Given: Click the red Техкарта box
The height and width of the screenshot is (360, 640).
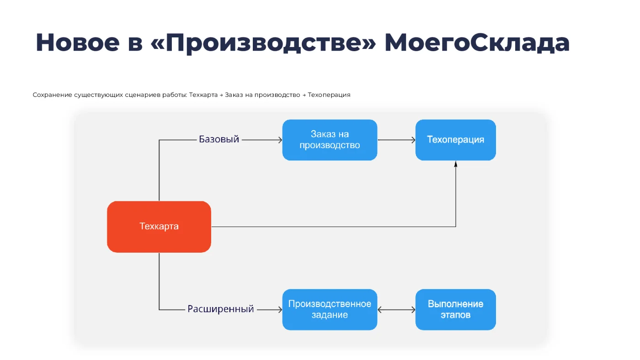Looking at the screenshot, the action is (159, 227).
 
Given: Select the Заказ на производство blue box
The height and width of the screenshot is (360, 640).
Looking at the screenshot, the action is (330, 140).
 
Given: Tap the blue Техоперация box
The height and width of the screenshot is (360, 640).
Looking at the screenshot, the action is (455, 140).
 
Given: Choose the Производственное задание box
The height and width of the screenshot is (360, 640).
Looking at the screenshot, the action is (330, 309).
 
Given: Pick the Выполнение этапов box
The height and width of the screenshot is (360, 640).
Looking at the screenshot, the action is (455, 309).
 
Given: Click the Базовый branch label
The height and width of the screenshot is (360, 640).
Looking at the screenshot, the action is (219, 139).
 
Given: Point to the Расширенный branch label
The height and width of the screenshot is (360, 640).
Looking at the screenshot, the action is (220, 309).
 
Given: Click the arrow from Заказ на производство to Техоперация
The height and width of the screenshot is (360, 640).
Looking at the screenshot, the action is (396, 140).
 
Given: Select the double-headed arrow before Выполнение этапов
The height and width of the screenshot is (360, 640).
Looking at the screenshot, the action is (396, 310).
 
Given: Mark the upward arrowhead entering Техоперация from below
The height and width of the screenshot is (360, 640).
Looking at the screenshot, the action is (455, 164).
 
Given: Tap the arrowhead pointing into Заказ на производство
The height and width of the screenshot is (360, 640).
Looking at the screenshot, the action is (280, 140).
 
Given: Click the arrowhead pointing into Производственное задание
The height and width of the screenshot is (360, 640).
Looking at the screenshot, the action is (280, 310).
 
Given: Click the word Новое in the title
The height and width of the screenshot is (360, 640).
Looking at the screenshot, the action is (77, 42).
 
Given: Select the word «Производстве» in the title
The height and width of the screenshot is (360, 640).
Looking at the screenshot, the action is (263, 42).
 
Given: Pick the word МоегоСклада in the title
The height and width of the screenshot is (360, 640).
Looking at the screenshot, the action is (477, 42).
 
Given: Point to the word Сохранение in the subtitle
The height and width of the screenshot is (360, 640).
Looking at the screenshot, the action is (52, 95).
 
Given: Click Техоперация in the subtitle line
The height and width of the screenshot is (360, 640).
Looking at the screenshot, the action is (329, 95).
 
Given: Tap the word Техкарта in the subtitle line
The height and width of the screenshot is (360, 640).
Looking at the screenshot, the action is (203, 95).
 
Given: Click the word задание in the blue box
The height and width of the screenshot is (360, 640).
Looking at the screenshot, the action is (330, 315).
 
